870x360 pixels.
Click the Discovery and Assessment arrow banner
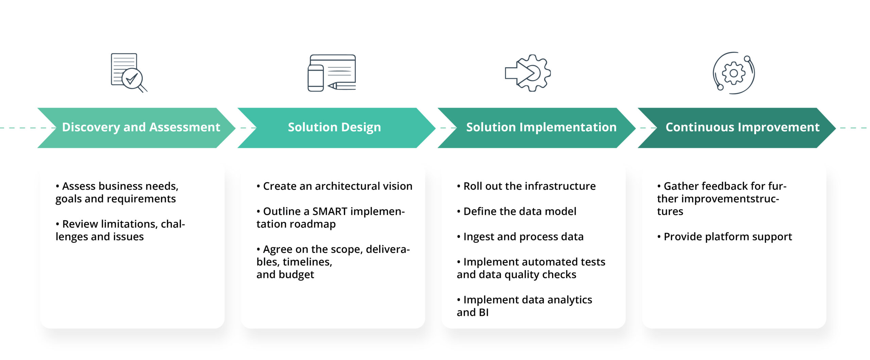point(136,127)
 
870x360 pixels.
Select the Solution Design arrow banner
point(335,127)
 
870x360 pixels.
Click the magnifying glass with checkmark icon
point(133,79)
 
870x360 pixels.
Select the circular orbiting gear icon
point(733,73)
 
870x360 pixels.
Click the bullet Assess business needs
point(117,192)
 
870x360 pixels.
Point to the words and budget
point(285,275)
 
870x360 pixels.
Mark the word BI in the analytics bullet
point(483,312)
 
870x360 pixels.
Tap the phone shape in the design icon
point(315,78)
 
